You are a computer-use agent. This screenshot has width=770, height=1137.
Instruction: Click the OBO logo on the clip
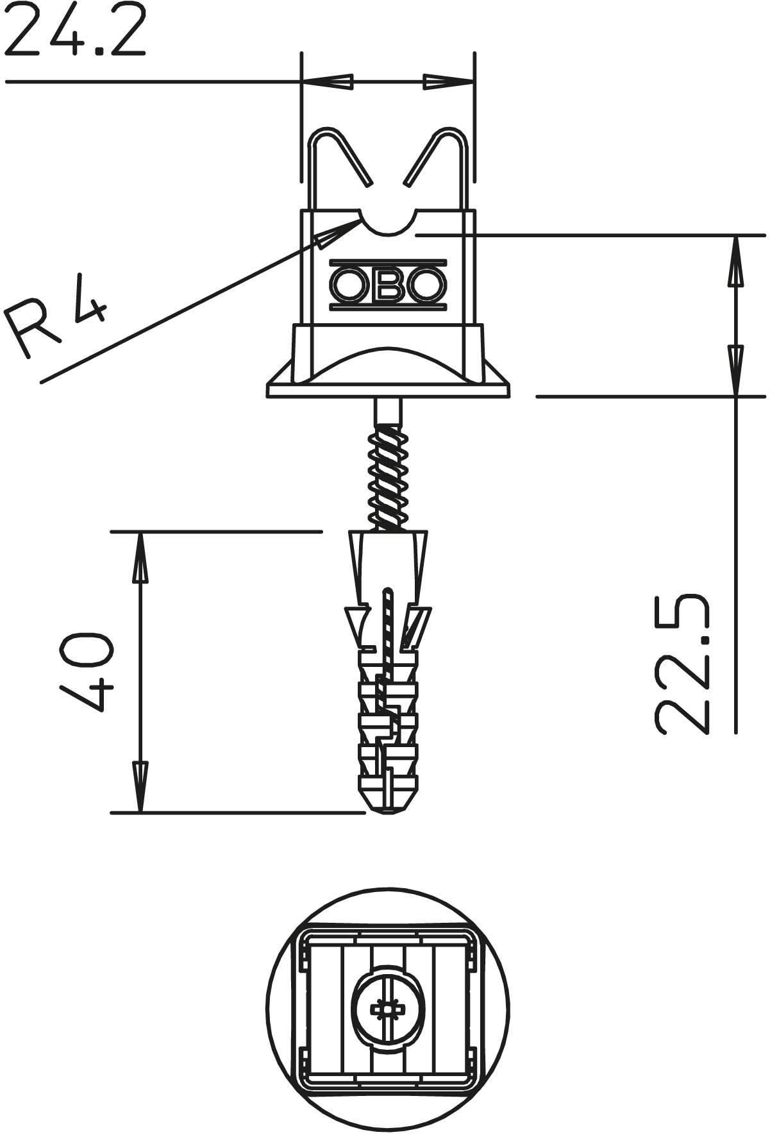tap(388, 285)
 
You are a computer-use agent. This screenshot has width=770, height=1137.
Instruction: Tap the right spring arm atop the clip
tap(437, 158)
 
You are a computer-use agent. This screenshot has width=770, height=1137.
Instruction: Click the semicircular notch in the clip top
tap(388, 232)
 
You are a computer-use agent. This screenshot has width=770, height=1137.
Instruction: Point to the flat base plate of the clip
tap(388, 391)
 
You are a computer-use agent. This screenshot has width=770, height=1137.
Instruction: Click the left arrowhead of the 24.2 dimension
tap(328, 81)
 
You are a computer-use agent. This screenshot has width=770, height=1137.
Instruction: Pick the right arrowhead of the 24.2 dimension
tap(448, 81)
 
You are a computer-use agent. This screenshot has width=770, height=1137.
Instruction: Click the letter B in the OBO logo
tap(388, 285)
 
